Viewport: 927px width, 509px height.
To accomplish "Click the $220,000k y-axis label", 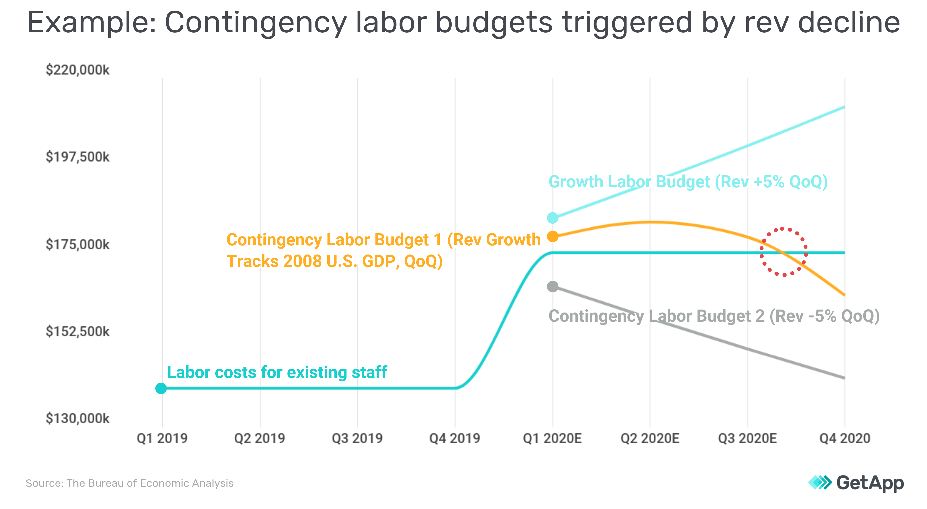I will [77, 70].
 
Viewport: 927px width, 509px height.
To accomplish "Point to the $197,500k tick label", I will [77, 157].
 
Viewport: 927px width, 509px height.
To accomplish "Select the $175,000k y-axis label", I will [77, 244].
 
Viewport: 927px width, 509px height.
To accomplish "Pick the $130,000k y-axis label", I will [77, 419].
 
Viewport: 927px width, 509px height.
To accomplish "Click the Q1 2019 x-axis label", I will [162, 439].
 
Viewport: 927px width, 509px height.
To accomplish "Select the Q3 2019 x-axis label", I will [357, 439].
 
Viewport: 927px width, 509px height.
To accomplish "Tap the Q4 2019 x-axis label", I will [455, 439].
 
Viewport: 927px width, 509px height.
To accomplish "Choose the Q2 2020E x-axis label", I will [650, 439].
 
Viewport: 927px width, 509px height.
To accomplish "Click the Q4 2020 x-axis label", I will [845, 439].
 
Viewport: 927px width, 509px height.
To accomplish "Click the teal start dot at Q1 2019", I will [161, 388].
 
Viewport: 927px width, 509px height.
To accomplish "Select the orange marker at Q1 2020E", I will [553, 236].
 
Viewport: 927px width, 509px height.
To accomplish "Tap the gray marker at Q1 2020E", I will [553, 287].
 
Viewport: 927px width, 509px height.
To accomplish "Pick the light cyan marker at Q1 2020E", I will [553, 217].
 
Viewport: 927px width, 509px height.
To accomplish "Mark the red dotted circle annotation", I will [783, 252].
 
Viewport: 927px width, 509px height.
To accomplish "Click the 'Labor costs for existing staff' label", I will [277, 372].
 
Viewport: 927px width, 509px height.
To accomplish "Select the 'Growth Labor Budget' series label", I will [688, 182].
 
